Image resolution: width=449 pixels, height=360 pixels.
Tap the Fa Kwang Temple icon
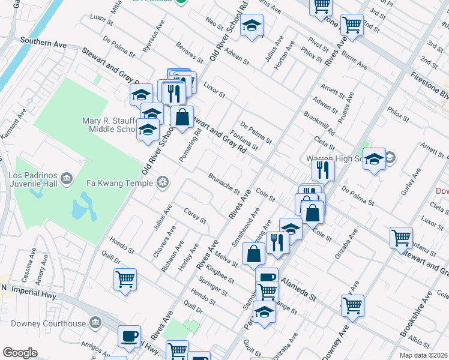(162, 182)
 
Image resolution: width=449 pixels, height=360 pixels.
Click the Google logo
(20, 353)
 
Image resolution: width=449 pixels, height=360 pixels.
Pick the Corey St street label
(195, 215)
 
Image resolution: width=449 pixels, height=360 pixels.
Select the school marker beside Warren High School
(374, 159)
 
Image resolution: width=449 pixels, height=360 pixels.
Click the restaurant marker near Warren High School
(323, 170)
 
